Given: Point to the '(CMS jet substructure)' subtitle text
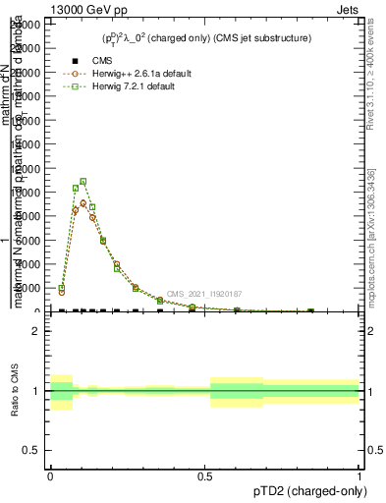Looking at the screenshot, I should point(265,39).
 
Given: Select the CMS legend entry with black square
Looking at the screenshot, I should point(90,61).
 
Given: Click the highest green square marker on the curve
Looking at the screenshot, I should point(83,182).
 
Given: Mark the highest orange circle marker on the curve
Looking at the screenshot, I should point(83,203).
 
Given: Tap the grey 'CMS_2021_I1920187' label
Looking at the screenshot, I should point(203,294).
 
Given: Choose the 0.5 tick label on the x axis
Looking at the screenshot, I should point(205,475).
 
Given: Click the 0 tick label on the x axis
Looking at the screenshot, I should point(50,475).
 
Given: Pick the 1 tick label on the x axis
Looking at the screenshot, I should point(359,475).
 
